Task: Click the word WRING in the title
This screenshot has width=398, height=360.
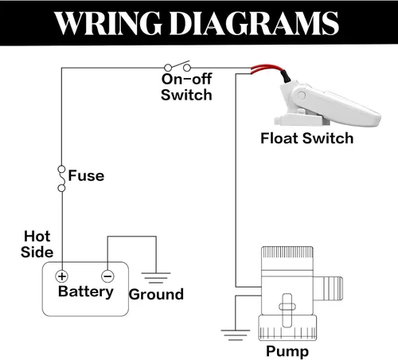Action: (107, 23)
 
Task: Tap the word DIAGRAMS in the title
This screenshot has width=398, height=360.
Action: (254, 23)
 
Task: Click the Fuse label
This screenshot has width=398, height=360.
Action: (86, 176)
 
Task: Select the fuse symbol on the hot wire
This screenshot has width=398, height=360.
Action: (61, 178)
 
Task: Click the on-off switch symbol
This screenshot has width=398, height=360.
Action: (178, 66)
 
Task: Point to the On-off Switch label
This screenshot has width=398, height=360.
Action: (186, 87)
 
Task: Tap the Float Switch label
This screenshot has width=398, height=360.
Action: (307, 139)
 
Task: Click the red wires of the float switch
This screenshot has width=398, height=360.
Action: (268, 68)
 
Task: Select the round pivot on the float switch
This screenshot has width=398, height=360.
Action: (302, 95)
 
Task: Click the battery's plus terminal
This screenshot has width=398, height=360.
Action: (62, 276)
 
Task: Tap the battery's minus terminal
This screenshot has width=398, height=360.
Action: (107, 276)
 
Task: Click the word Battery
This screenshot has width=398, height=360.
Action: (86, 292)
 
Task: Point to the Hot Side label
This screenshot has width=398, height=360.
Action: (37, 245)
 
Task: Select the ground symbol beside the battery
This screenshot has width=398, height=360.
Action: (156, 277)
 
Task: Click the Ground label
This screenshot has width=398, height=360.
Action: (156, 295)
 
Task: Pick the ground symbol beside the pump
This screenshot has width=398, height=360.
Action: (236, 335)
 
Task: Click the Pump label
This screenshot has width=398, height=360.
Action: (287, 351)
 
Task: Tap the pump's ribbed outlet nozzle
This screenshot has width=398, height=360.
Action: (328, 288)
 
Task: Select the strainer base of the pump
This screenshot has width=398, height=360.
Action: (287, 328)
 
